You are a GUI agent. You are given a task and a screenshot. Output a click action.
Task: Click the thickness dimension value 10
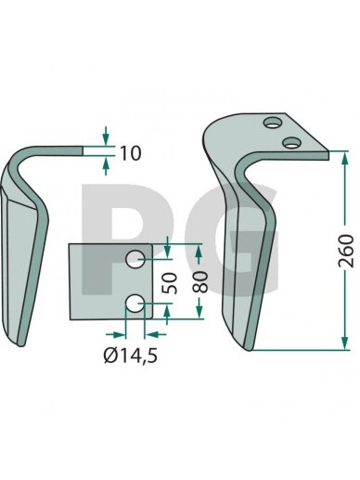tap(130, 153)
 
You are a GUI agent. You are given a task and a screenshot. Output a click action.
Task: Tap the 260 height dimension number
tap(346, 251)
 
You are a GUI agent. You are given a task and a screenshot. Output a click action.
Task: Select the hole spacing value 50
tap(171, 283)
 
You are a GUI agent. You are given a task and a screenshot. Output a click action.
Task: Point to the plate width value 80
tap(199, 282)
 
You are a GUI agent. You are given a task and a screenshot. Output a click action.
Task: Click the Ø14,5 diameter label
tap(131, 356)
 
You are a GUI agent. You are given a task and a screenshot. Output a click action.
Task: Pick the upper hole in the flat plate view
tap(135, 259)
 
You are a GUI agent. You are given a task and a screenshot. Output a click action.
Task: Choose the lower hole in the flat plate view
tap(135, 304)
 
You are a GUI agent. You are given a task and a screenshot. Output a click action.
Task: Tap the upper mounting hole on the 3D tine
tap(273, 123)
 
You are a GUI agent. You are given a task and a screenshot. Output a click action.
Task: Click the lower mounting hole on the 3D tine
tap(291, 143)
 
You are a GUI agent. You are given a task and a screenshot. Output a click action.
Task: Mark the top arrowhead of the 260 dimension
tap(345, 158)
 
